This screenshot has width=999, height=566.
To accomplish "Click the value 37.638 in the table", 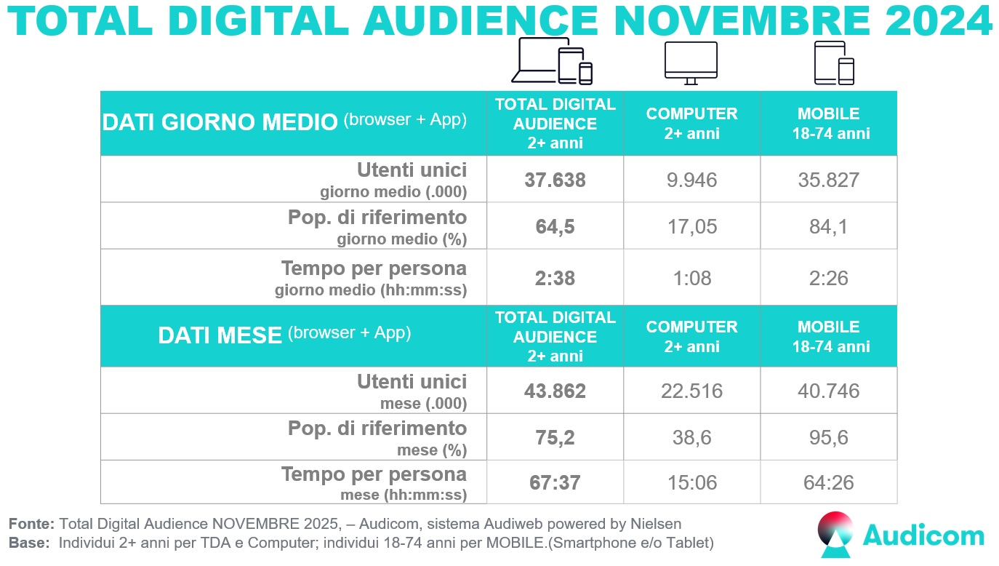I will point(555,180).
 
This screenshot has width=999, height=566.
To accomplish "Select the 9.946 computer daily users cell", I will point(691,180).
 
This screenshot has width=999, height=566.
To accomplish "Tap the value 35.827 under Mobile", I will point(828,180).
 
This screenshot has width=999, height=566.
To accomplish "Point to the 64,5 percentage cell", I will point(555,226).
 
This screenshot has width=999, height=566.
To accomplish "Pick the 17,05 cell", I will point(691,226).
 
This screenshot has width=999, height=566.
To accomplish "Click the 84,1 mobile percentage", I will point(828,226).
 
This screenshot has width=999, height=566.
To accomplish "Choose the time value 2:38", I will point(555,277).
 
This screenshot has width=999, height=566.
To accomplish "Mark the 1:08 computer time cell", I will point(691,277).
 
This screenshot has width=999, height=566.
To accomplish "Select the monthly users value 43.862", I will point(555,391).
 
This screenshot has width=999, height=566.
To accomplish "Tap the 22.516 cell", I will point(691,391).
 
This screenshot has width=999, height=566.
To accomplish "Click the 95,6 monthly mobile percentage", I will point(828,438).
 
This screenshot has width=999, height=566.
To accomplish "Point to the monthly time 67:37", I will point(555,483).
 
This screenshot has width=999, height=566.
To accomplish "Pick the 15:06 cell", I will point(691,483).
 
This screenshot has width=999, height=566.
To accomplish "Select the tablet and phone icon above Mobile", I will point(833,63).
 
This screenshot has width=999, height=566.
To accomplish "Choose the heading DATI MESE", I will point(220,335).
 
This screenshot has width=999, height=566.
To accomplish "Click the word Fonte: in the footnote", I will point(31,524).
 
